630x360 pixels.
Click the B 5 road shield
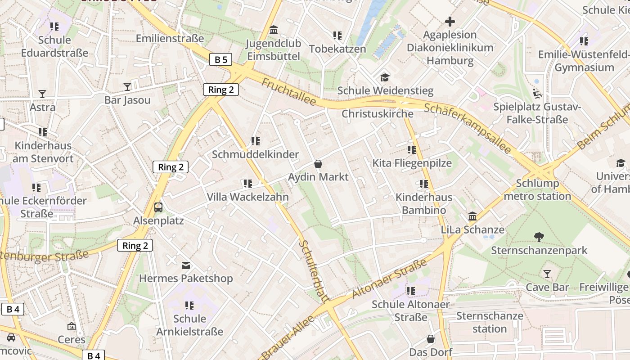pyautogui.click(x=220, y=59)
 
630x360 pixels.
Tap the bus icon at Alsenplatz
pyautogui.click(x=158, y=207)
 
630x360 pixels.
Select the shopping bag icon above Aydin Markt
pyautogui.click(x=318, y=163)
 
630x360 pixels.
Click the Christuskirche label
pyautogui.click(x=377, y=113)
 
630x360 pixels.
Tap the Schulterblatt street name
pyautogui.click(x=314, y=270)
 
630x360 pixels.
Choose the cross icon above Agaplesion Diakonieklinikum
pyautogui.click(x=450, y=21)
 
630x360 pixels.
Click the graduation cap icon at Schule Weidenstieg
pyautogui.click(x=385, y=77)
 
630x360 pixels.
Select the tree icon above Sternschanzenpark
pyautogui.click(x=539, y=237)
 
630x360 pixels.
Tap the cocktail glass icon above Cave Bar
pyautogui.click(x=547, y=274)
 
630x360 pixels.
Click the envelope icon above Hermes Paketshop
pyautogui.click(x=185, y=265)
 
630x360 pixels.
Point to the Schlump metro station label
pyautogui.click(x=537, y=189)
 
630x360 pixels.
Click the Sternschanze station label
pyautogui.click(x=490, y=322)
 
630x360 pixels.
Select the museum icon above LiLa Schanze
pyautogui.click(x=472, y=216)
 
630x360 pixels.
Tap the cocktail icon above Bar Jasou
pyautogui.click(x=127, y=86)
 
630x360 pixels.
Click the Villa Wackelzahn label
pyautogui.click(x=247, y=197)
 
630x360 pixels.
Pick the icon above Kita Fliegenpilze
pyautogui.click(x=412, y=149)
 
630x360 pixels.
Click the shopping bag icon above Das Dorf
pyautogui.click(x=431, y=338)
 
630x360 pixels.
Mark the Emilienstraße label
pyautogui.click(x=170, y=38)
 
